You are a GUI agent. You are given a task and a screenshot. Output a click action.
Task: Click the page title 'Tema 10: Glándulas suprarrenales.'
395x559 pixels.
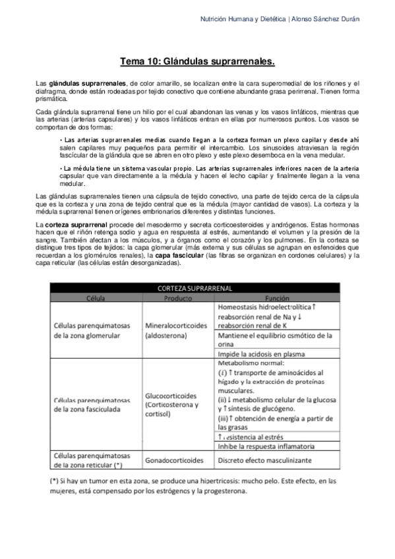coord(197,62)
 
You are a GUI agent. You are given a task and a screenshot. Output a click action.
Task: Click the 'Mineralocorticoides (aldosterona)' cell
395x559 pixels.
coord(175,330)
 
